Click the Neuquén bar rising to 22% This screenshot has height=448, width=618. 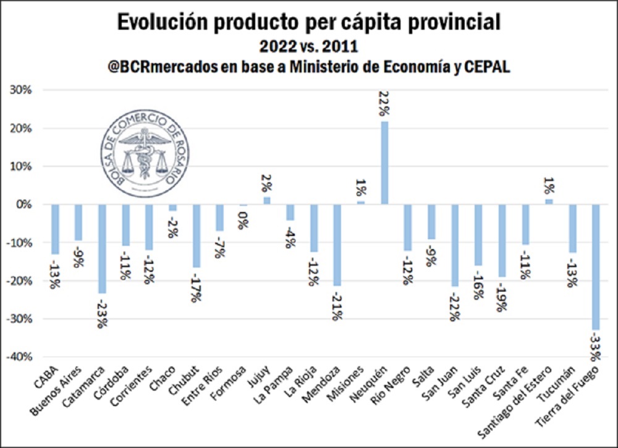(x=384, y=163)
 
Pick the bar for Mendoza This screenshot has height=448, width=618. (x=337, y=245)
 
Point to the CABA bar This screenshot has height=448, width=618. (x=55, y=229)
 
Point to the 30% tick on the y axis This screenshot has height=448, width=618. (x=23, y=90)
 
